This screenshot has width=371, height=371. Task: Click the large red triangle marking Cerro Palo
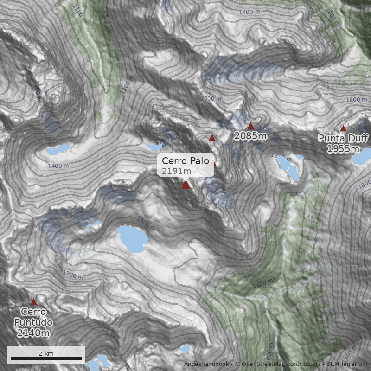click(185, 185)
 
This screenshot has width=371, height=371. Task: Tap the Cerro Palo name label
click(185, 161)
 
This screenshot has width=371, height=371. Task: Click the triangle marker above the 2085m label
click(251, 126)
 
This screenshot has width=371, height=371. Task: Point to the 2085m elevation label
click(250, 136)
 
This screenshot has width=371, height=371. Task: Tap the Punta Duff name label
click(343, 138)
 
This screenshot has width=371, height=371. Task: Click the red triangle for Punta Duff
click(343, 128)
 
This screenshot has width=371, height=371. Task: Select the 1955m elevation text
click(343, 148)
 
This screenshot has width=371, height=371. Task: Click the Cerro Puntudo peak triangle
click(33, 301)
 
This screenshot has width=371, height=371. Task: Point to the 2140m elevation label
click(33, 333)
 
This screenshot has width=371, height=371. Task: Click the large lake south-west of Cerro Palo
click(132, 239)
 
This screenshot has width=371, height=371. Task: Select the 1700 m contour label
click(73, 275)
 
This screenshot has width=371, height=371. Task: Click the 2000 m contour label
click(211, 98)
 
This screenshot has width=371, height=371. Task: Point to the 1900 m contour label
click(38, 91)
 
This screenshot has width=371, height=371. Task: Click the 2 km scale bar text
click(46, 353)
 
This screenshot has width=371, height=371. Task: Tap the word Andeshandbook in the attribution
click(206, 364)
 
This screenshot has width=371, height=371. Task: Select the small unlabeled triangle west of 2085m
click(212, 138)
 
